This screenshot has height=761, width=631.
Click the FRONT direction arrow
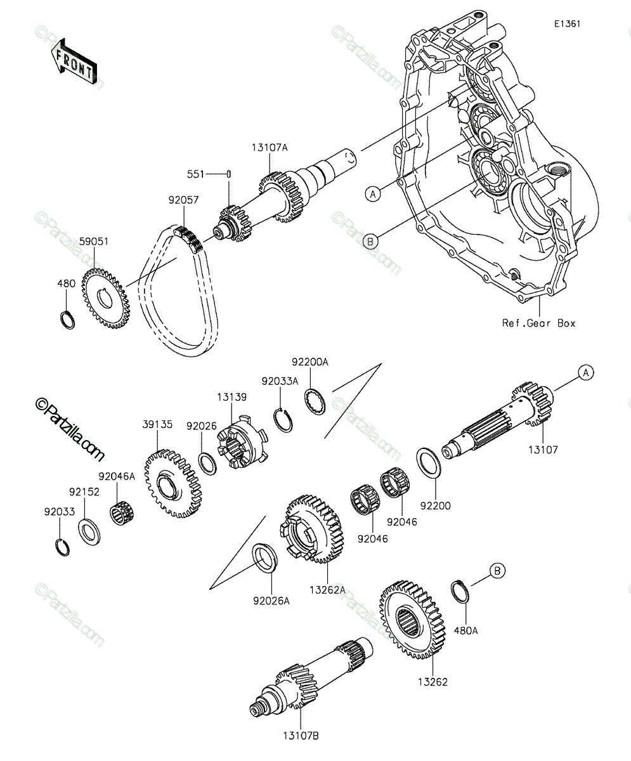74,62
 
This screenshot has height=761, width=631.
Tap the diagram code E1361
567,24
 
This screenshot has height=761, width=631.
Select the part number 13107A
270,148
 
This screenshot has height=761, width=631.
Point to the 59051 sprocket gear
105,298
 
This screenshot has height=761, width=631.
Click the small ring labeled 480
67,320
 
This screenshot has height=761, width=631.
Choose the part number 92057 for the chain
183,200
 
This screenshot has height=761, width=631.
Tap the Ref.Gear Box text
539,323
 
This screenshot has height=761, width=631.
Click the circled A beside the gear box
372,194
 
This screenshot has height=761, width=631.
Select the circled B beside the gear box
370,241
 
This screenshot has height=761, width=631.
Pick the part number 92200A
310,362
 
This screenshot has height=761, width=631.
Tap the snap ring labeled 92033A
283,420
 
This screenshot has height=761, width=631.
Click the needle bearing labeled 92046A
122,513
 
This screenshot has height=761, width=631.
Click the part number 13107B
301,736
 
